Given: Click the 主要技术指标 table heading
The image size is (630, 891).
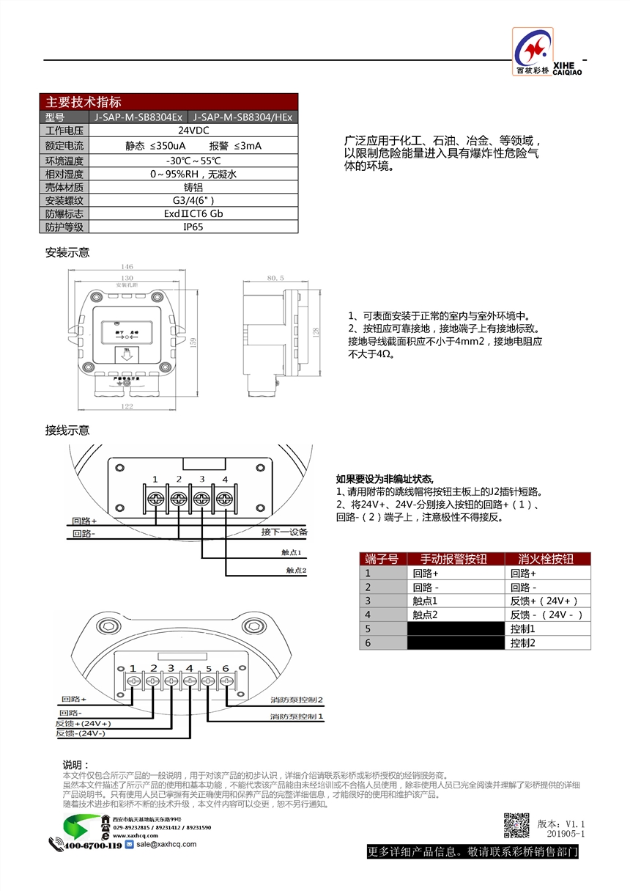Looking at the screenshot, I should [84, 102].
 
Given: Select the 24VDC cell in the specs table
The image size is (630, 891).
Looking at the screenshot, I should [193, 131].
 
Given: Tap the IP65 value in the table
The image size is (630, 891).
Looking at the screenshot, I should [193, 227].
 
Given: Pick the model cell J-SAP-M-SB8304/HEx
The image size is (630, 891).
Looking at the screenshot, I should [242, 117].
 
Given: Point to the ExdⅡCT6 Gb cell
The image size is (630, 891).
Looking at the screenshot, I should [193, 213].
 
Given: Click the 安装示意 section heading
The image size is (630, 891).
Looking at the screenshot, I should [67, 252].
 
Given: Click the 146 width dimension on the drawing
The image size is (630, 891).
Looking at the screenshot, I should [127, 266].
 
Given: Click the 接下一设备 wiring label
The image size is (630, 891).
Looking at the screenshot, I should [284, 532].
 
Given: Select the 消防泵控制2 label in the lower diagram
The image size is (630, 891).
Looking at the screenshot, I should [297, 700].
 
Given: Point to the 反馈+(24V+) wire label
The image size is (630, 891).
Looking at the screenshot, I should [84, 723].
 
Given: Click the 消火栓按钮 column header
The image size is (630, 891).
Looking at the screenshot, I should [546, 559].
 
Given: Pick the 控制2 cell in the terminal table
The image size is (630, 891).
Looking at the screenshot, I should [523, 642].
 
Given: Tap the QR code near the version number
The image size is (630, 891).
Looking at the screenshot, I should [516, 825].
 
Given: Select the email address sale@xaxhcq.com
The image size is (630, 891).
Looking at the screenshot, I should [165, 844].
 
